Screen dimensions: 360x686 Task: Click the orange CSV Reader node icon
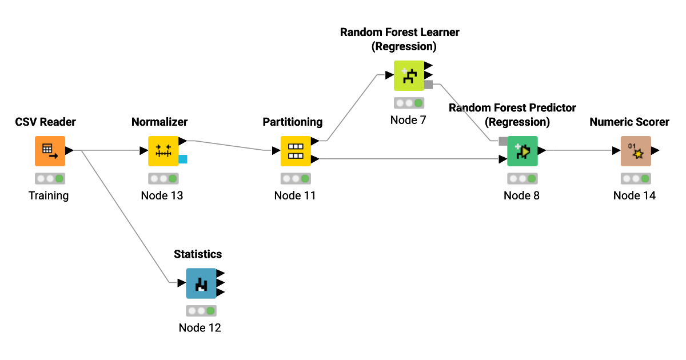50,151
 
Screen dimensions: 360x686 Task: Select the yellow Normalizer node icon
163,151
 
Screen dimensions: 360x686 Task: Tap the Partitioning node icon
295,151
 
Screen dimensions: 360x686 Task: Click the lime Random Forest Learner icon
409,75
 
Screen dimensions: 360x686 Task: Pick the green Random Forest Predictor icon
522,151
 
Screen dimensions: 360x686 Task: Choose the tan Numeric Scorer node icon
636,151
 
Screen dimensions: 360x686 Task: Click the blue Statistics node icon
201,283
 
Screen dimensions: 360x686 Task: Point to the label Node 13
162,195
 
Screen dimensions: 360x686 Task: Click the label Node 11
295,195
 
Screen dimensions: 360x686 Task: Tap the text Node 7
408,120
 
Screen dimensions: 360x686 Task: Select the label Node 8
521,195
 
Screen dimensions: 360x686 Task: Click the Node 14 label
635,195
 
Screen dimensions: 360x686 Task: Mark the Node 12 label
200,328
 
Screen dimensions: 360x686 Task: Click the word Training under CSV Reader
49,195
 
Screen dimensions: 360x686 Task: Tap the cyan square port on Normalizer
183,159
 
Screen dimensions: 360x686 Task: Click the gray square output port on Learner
428,85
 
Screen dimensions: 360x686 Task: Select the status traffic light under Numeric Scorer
636,178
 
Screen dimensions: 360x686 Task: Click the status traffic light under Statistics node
201,311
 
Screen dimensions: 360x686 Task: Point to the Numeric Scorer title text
629,122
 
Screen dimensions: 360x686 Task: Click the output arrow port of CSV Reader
69,151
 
